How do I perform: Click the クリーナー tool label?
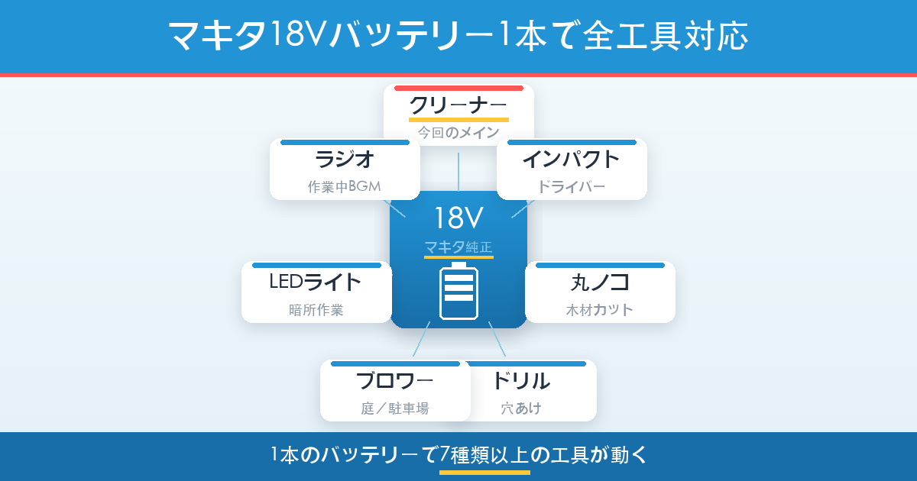pyautogui.click(x=458, y=104)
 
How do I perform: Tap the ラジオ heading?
pyautogui.click(x=345, y=160)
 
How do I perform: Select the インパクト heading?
pyautogui.click(x=571, y=160)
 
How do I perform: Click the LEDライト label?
pyautogui.click(x=316, y=282)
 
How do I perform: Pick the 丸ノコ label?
pyautogui.click(x=600, y=282)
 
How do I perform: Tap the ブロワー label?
pyautogui.click(x=394, y=380)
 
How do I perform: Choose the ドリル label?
pyautogui.click(x=521, y=380)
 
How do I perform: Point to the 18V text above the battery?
pyautogui.click(x=458, y=218)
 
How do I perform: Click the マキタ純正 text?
pyautogui.click(x=458, y=247)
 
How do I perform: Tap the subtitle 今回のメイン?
pyautogui.click(x=458, y=133)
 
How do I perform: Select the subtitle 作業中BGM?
pyautogui.click(x=345, y=187)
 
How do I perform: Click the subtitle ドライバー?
pyautogui.click(x=571, y=187)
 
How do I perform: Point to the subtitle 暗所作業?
pyautogui.click(x=316, y=311)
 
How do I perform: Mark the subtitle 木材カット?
pyautogui.click(x=600, y=311)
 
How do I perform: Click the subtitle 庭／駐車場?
pyautogui.click(x=394, y=409)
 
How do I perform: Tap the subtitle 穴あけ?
pyautogui.click(x=521, y=409)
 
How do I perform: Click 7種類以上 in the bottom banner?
pyautogui.click(x=484, y=456)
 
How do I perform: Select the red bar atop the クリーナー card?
pyautogui.click(x=458, y=89)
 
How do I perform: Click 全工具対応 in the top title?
pyautogui.click(x=664, y=36)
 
